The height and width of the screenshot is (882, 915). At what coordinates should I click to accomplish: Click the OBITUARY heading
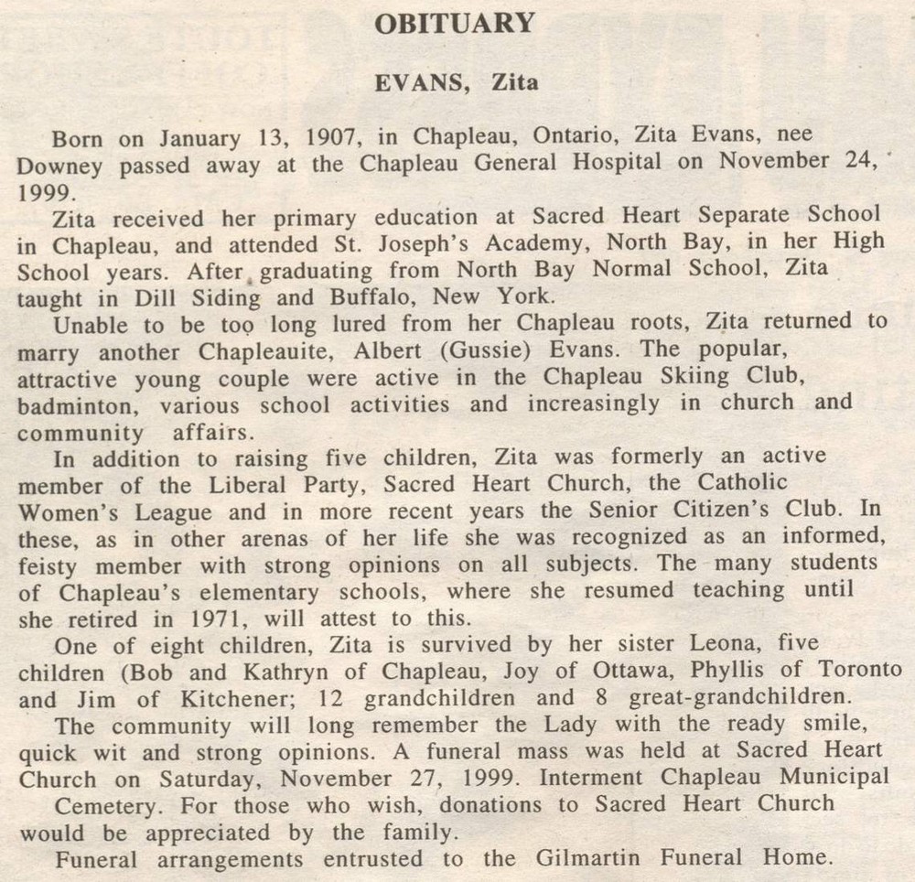pos(455,24)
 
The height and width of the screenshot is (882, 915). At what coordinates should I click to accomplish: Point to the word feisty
pos(48,564)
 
